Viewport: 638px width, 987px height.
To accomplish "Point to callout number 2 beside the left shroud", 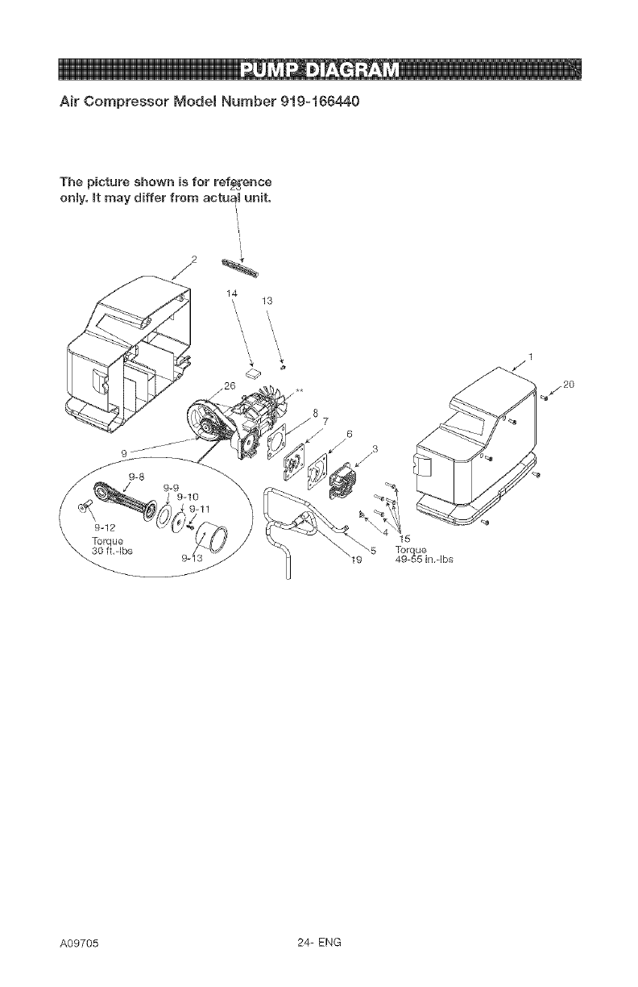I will (x=193, y=259).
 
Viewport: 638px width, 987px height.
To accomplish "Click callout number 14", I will (x=232, y=293).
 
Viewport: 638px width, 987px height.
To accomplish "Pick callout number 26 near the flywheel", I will (x=229, y=385).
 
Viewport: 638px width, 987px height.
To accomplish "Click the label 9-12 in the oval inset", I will (x=97, y=527).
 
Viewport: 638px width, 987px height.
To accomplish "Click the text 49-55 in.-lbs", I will (x=426, y=562).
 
